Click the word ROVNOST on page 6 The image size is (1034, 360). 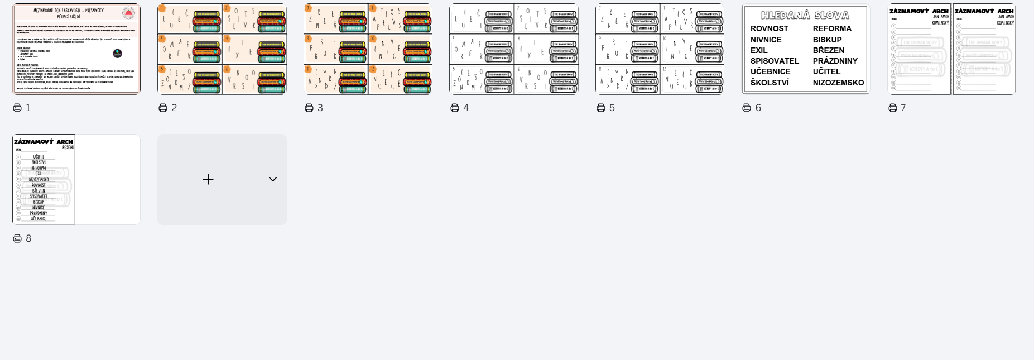click(x=769, y=28)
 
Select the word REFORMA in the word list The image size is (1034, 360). click(x=831, y=28)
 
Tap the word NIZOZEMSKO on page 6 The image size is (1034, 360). click(x=838, y=83)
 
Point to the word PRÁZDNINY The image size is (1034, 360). click(x=835, y=61)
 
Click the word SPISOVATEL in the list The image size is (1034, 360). click(x=775, y=61)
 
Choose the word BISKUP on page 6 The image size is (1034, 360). click(x=827, y=40)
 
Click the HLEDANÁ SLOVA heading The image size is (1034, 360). click(x=805, y=16)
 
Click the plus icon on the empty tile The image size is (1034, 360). click(x=208, y=179)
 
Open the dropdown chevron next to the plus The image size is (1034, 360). click(x=273, y=179)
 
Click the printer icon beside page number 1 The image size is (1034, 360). click(x=17, y=108)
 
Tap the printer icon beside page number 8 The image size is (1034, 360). click(x=17, y=238)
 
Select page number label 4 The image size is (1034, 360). click(x=466, y=108)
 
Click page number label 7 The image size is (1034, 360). click(x=903, y=108)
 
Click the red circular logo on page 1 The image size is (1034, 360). click(x=128, y=13)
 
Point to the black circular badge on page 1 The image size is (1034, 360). click(x=117, y=54)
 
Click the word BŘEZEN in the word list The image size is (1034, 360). click(x=828, y=50)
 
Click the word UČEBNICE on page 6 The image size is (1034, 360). click(x=770, y=71)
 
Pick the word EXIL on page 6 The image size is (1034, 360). click(x=759, y=50)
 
